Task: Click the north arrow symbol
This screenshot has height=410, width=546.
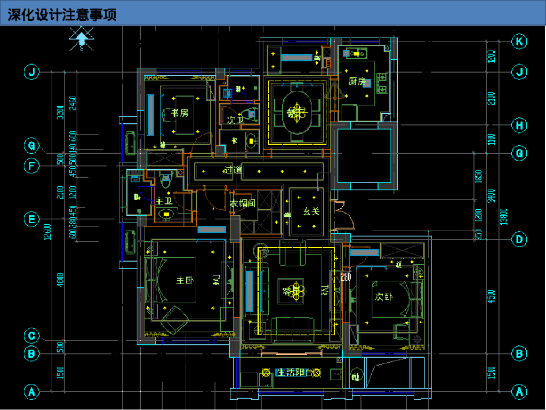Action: point(81,40)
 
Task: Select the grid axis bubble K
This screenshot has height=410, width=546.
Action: point(519,42)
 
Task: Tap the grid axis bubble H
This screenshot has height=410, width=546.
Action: point(519,126)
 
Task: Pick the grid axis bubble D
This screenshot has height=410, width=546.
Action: point(519,239)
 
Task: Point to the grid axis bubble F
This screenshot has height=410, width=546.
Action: point(32,166)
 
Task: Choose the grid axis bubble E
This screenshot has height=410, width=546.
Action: point(32,219)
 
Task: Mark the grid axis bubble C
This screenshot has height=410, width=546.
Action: point(32,336)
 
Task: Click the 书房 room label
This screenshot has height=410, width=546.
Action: point(180,113)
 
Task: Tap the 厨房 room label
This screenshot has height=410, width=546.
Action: point(358,82)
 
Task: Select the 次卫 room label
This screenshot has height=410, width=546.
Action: point(235,120)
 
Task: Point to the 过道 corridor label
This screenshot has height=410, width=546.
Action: point(232,170)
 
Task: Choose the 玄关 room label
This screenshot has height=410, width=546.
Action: point(311,211)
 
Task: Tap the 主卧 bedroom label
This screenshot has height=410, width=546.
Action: point(184,281)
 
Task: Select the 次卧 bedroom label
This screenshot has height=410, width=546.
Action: point(383,296)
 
